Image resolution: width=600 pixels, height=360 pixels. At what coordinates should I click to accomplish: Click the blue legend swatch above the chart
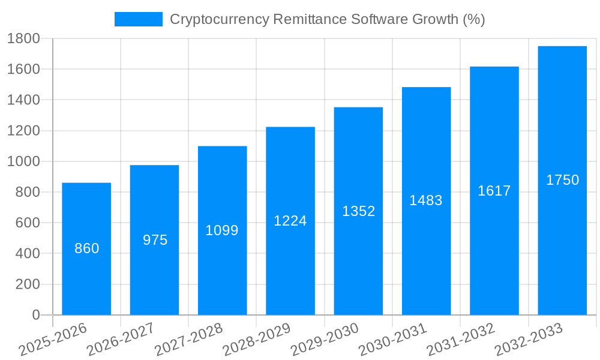[x=138, y=19]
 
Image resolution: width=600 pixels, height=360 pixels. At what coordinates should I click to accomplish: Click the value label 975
[x=155, y=240]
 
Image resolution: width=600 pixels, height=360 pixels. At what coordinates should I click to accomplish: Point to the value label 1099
[x=222, y=230]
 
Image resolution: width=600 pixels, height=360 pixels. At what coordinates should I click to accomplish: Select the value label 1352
[x=358, y=211]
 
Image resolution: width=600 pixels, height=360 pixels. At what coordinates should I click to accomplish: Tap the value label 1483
[x=426, y=200]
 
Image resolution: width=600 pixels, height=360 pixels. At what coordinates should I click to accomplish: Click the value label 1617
[x=494, y=191]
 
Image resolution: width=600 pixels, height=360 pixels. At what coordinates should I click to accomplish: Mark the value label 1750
[x=562, y=180]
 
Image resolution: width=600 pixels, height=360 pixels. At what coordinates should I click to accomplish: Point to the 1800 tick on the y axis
[x=23, y=38]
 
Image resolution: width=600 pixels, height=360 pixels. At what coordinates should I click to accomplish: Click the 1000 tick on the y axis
[x=23, y=161]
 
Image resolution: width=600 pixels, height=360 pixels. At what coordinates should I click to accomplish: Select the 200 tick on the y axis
[x=27, y=284]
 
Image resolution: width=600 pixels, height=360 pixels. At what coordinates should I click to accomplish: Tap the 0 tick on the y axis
[x=35, y=315]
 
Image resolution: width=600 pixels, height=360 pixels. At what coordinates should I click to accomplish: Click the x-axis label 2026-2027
[x=121, y=339]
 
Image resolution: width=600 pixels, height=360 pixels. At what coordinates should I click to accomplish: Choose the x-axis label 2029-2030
[x=325, y=339]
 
